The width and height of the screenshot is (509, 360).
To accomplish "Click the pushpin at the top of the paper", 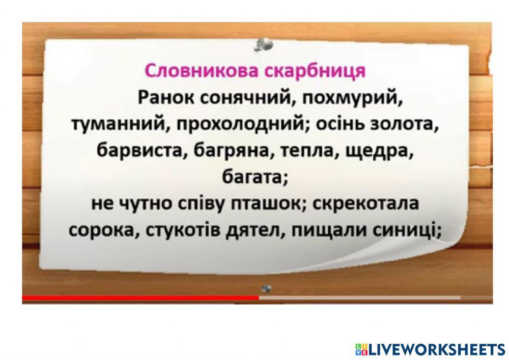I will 265,45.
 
